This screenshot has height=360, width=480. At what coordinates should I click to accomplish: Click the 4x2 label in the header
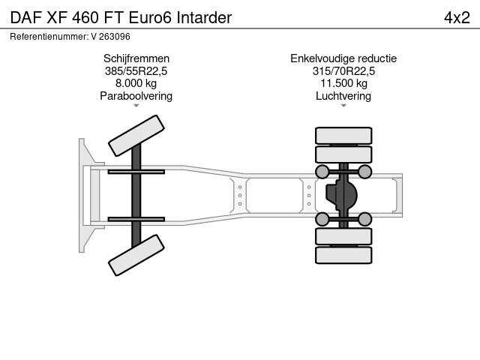click(x=457, y=18)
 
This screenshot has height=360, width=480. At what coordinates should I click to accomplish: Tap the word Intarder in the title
click(x=204, y=18)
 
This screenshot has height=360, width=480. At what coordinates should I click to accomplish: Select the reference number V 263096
click(x=110, y=37)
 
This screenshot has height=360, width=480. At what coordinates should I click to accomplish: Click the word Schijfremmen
click(x=136, y=58)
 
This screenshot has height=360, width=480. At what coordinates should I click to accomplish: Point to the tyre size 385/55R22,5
click(x=136, y=71)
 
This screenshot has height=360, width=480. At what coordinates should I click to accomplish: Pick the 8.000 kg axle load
click(x=136, y=83)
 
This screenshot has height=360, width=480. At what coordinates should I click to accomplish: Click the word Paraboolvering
click(x=136, y=96)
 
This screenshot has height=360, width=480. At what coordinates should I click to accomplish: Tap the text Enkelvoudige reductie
click(x=343, y=58)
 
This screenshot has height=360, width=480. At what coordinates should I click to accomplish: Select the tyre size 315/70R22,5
click(x=343, y=71)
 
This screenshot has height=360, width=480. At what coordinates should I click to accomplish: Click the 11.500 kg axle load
click(x=343, y=83)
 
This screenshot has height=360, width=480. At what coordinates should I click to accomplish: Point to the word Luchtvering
click(x=343, y=96)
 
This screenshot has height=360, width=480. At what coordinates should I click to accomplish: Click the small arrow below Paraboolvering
click(x=136, y=106)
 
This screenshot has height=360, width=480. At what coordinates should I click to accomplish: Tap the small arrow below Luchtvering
click(x=343, y=106)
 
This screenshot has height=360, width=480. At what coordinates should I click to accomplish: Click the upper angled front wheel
click(x=136, y=136)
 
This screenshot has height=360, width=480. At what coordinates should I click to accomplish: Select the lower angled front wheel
click(x=136, y=255)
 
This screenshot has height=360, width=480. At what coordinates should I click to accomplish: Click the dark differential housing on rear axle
click(x=341, y=195)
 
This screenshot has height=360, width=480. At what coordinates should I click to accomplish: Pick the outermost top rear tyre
click(x=343, y=136)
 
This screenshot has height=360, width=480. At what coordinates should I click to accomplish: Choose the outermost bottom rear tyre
click(x=343, y=255)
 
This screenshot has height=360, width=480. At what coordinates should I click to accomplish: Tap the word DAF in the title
click(x=26, y=18)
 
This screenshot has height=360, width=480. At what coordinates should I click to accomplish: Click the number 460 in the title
click(x=85, y=18)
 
